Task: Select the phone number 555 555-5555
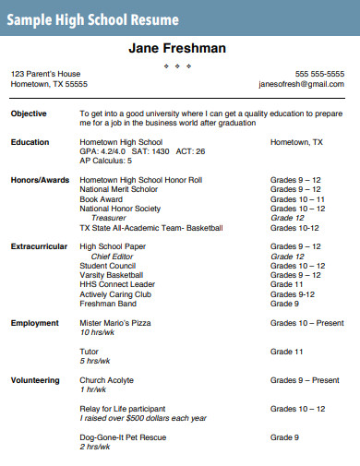[319, 74]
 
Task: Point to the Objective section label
[29, 114]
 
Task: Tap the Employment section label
[34, 323]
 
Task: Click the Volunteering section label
[35, 380]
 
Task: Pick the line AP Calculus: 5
[105, 161]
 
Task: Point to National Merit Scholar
[119, 189]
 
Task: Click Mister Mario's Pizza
[115, 323]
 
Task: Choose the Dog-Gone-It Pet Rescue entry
[123, 437]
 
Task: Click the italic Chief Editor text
[113, 257]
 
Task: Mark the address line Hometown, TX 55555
[49, 84]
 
